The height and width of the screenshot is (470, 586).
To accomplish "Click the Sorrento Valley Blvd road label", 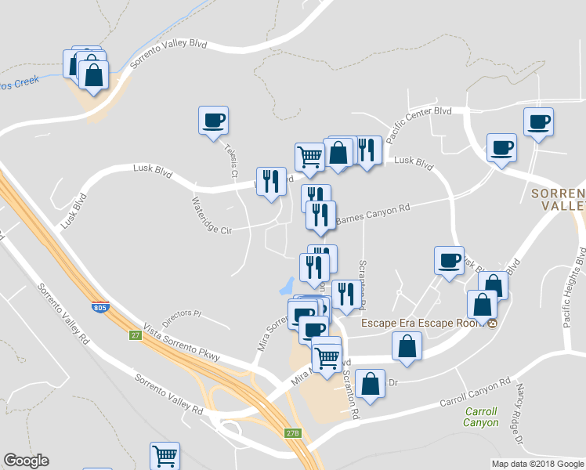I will pyautogui.click(x=168, y=54).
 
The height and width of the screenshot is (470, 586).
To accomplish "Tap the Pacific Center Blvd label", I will pyautogui.click(x=419, y=119).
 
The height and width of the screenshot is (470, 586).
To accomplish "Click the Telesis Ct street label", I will pyautogui.click(x=230, y=160).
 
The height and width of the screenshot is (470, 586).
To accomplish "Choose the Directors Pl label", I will pyautogui.click(x=182, y=317).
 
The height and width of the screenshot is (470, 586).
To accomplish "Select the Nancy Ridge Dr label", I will pyautogui.click(x=520, y=404).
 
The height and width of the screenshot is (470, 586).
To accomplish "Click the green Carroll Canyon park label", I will pyautogui.click(x=481, y=417).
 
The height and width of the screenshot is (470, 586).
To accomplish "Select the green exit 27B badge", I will pyautogui.click(x=292, y=432).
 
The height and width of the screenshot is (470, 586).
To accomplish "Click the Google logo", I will pyautogui.click(x=26, y=461).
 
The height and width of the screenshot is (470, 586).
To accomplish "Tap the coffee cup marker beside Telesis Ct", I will pyautogui.click(x=213, y=121).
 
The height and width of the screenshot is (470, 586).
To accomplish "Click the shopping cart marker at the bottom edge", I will pyautogui.click(x=165, y=455).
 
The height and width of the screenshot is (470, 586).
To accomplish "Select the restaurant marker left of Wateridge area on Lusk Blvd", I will pyautogui.click(x=271, y=181).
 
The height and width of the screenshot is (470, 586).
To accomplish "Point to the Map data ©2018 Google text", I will pyautogui.click(x=537, y=464).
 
